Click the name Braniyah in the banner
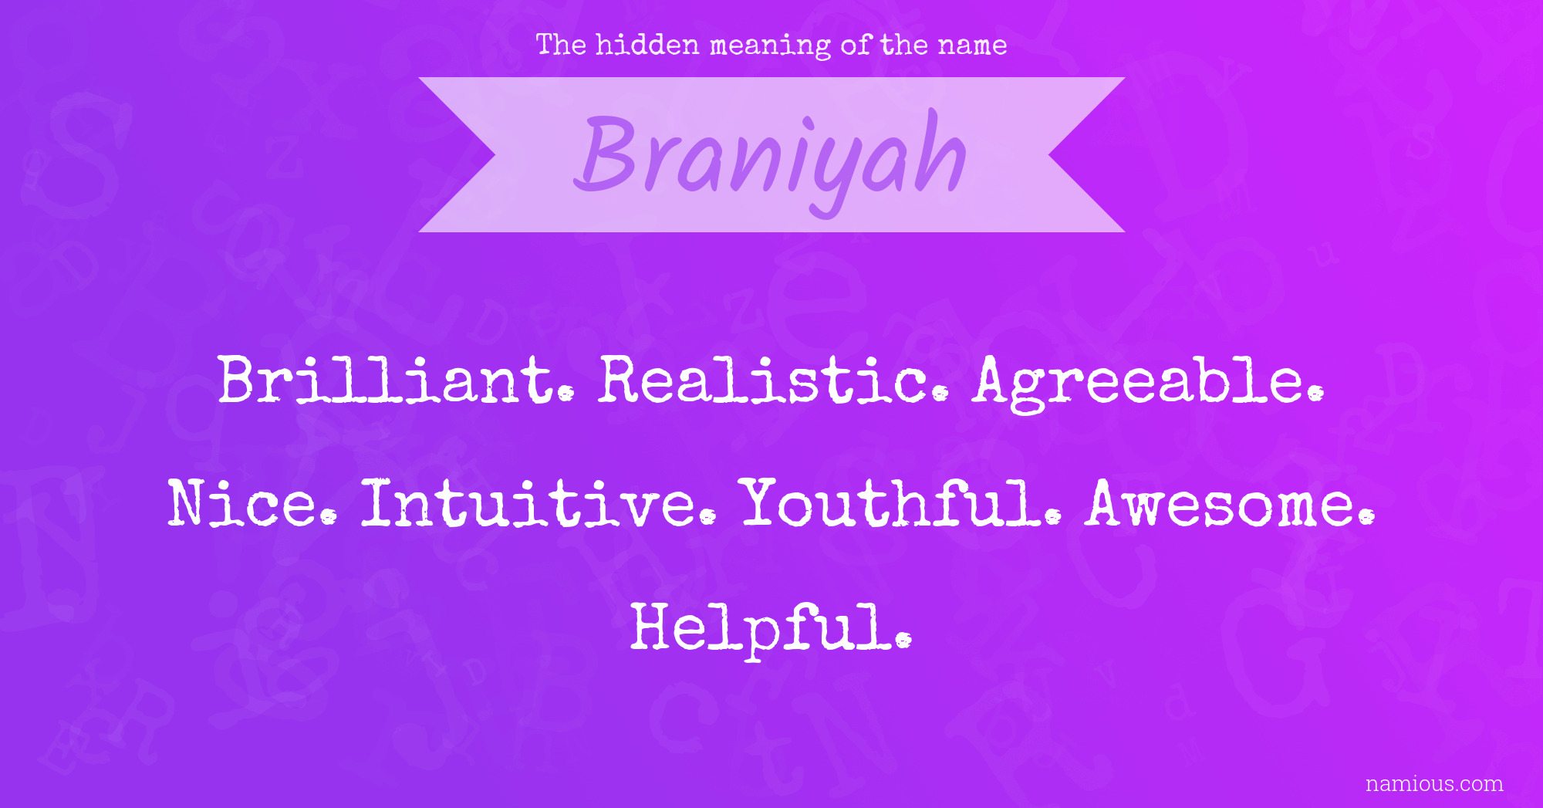tap(771, 160)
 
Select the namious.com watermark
tap(1434, 784)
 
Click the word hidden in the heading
tap(647, 45)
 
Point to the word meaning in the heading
tap(770, 47)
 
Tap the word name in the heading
tap(972, 46)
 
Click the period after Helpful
tap(904, 640)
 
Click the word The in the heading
tap(561, 45)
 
